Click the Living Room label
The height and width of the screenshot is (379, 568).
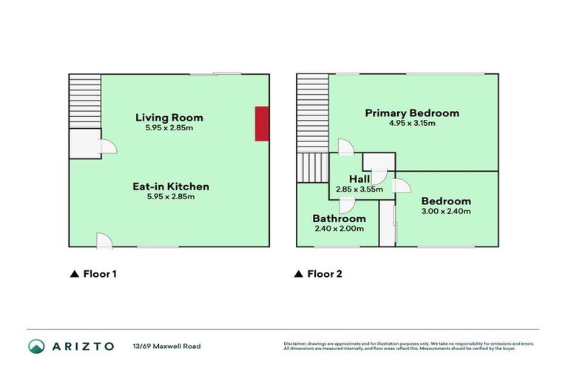(x=169, y=117)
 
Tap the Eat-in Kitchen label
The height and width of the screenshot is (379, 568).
(x=170, y=187)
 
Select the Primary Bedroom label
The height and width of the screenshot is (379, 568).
(x=412, y=113)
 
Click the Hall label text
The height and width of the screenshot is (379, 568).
(x=359, y=179)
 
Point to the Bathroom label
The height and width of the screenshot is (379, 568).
(x=339, y=218)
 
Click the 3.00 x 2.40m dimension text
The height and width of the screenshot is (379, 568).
(x=446, y=211)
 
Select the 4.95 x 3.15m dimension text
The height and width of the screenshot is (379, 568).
(x=412, y=123)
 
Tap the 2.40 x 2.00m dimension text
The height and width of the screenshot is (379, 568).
(x=339, y=229)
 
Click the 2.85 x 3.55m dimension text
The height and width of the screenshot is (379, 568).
(x=359, y=189)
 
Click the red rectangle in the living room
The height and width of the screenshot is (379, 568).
(x=262, y=123)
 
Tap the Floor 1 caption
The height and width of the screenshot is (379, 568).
(x=93, y=274)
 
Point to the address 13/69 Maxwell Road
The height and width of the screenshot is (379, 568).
(x=166, y=346)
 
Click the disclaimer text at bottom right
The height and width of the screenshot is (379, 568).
(x=408, y=346)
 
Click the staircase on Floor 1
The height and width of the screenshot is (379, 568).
(x=84, y=101)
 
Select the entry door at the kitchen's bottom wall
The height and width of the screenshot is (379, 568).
(x=104, y=241)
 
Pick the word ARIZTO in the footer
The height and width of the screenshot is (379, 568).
(x=83, y=346)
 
